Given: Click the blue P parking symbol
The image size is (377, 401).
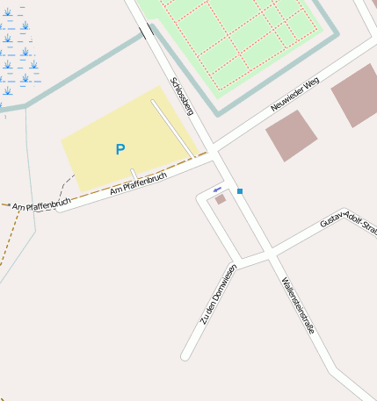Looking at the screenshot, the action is [120, 150].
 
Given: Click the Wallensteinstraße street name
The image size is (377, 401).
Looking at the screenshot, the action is [298, 306].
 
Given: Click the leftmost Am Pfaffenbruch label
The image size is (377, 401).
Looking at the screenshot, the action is [40, 206].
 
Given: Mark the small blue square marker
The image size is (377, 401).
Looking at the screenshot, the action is [239, 191].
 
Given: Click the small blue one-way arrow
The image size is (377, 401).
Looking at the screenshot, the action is [217, 190].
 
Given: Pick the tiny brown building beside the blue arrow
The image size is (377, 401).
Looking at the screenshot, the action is [221, 199].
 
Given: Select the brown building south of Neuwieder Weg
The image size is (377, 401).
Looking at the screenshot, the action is [291, 135].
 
